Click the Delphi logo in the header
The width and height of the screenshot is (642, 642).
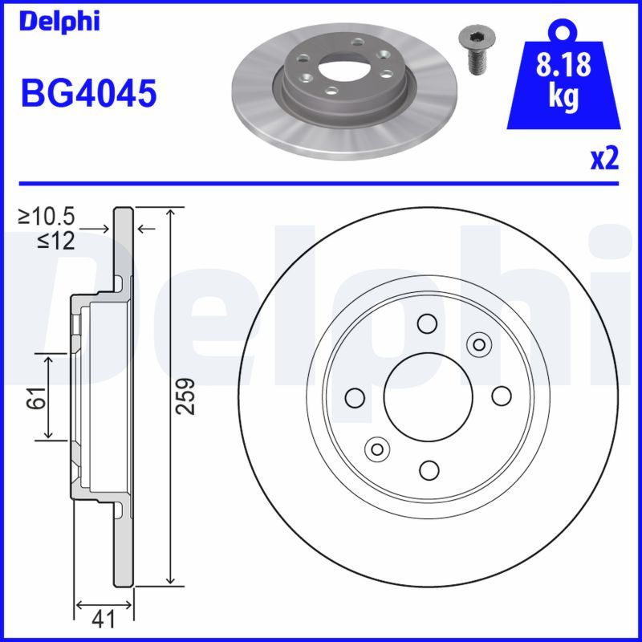pos(59,22)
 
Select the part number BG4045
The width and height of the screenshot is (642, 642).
pos(88,94)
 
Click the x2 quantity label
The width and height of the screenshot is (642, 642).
pos(604,160)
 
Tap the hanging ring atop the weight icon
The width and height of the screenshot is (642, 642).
pos(564,31)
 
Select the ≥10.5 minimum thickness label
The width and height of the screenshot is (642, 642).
pos(47,216)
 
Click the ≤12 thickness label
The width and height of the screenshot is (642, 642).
pos(55,240)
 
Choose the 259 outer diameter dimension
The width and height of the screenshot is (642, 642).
pos(186,396)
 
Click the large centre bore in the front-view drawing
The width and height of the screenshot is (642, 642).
pos(426,396)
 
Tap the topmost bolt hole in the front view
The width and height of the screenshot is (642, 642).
pos(426,323)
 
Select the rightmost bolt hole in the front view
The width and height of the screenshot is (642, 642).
pos(502,396)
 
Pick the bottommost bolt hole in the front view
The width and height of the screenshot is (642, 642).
pos(429,469)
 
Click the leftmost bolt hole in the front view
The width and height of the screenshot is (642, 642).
pos(354,396)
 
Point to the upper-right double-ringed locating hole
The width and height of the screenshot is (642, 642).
pos(478,345)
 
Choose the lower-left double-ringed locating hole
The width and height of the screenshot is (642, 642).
pos(376,448)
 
